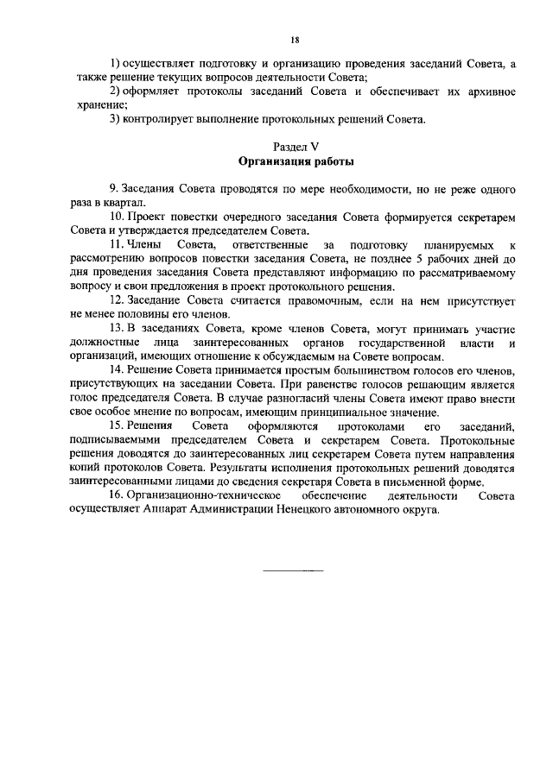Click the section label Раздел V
[295, 148]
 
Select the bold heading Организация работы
[296, 161]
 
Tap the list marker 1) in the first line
[116, 66]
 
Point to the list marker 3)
[116, 119]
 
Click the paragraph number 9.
[113, 188]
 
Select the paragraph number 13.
[116, 330]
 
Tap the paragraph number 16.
[116, 496]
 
